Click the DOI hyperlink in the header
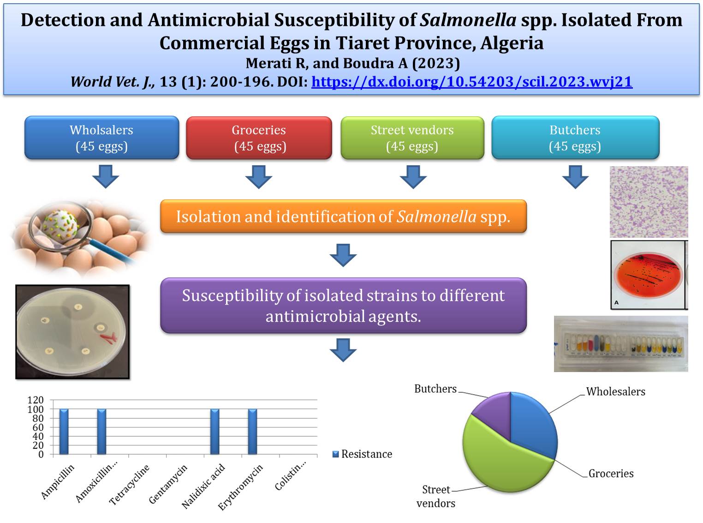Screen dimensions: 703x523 pyautogui.click(x=471, y=82)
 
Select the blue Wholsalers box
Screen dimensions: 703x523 pyautogui.click(x=102, y=138)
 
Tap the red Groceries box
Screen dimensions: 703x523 pyautogui.click(x=259, y=138)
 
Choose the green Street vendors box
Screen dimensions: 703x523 pyautogui.click(x=412, y=138)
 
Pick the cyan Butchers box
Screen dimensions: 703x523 pyautogui.click(x=575, y=138)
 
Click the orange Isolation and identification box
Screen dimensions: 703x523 pyautogui.click(x=343, y=216)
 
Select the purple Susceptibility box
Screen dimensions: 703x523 pyautogui.click(x=343, y=306)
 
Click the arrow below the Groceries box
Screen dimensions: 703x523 pyautogui.click(x=259, y=177)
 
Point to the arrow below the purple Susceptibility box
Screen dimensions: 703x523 pyautogui.click(x=343, y=350)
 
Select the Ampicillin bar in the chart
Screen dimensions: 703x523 pyautogui.click(x=64, y=432)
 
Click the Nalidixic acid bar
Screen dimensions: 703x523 pyautogui.click(x=215, y=432)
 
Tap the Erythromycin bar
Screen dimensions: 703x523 pyautogui.click(x=253, y=432)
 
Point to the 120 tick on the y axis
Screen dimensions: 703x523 pyautogui.click(x=36, y=400)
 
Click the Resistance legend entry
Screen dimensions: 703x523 pyautogui.click(x=362, y=454)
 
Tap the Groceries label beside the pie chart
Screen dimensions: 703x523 pyautogui.click(x=611, y=474)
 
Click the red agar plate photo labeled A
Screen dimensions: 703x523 pyautogui.click(x=648, y=275)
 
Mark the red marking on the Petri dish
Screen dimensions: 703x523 pyautogui.click(x=109, y=338)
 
